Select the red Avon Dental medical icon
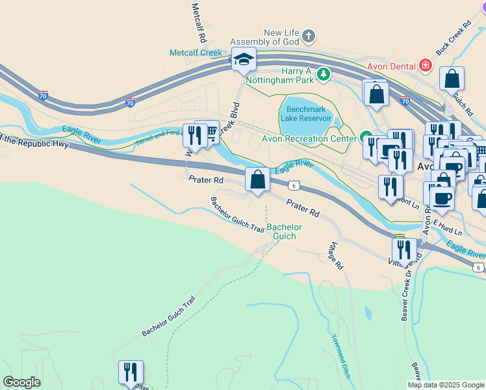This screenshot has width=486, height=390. click(x=426, y=65)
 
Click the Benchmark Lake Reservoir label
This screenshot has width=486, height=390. click(x=306, y=114)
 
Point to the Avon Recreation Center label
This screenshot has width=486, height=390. click(x=308, y=138)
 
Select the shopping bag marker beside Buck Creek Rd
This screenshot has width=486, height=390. click(x=452, y=79)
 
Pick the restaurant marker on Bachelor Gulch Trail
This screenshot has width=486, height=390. click(x=131, y=372)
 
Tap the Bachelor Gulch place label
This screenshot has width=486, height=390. click(x=285, y=231)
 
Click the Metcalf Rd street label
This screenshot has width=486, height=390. click(x=199, y=19)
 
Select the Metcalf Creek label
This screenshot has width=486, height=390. click(x=196, y=53)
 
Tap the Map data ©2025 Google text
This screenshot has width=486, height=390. click(x=446, y=385)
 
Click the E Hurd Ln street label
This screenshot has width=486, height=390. click(x=448, y=228)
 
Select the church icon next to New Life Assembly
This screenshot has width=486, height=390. click(x=309, y=36)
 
